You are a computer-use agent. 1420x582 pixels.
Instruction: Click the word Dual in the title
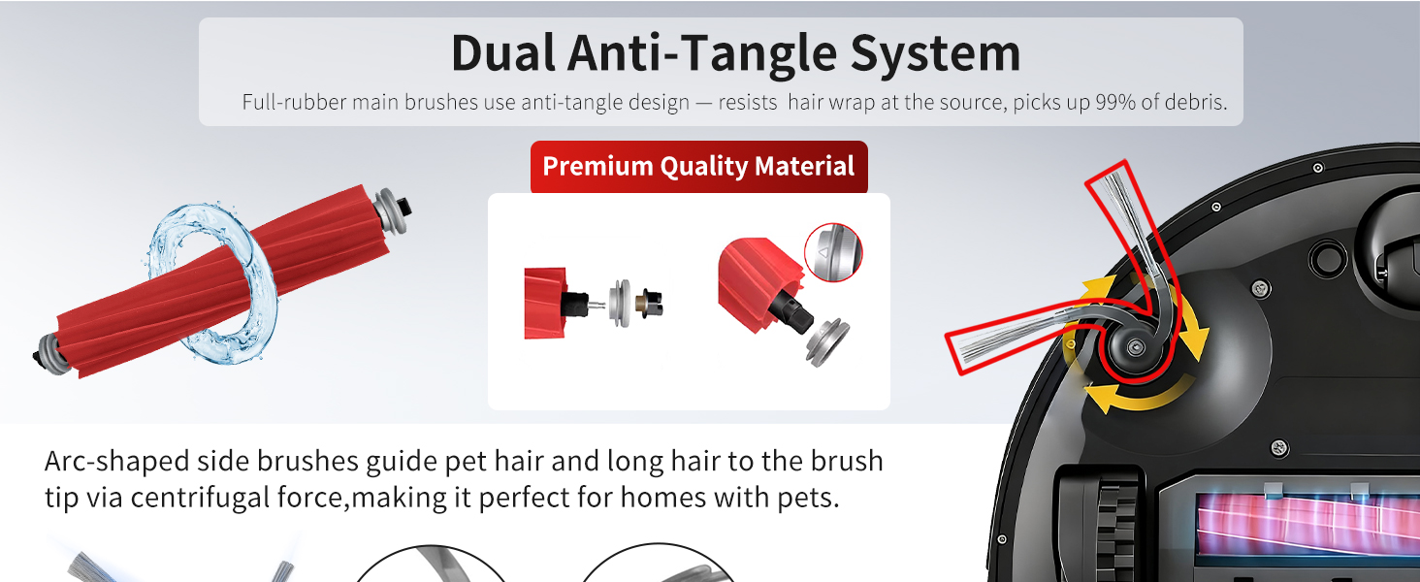[x=503, y=53]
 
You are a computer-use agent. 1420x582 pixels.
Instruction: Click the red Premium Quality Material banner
[x=698, y=167]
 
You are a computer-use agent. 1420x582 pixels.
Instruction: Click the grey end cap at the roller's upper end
[x=390, y=210]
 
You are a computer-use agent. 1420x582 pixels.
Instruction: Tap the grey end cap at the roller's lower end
[x=48, y=355]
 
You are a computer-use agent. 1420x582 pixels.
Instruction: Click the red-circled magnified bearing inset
[x=833, y=252]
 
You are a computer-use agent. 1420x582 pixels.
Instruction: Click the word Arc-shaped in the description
[x=116, y=462]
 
